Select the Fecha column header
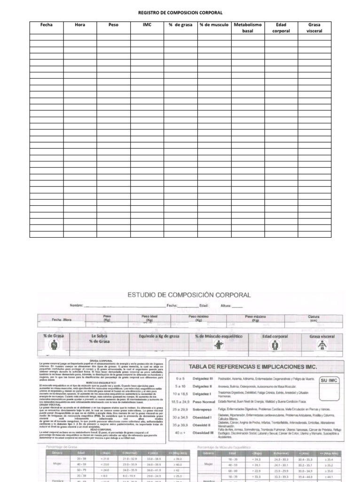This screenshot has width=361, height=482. (x=47, y=24)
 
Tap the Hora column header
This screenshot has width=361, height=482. (x=80, y=24)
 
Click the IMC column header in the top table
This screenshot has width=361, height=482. (x=147, y=24)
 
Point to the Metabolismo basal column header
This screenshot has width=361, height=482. (x=247, y=27)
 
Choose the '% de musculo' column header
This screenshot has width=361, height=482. (x=214, y=24)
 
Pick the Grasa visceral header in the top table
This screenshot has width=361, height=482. (x=314, y=27)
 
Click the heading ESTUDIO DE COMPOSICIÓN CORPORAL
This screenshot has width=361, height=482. (x=189, y=295)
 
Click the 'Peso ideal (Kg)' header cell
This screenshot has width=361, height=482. (x=149, y=319)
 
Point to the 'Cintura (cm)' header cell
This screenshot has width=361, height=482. (x=314, y=319)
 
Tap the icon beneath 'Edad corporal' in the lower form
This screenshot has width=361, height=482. (x=274, y=346)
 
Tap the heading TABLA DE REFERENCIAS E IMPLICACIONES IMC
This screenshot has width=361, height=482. (x=253, y=367)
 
